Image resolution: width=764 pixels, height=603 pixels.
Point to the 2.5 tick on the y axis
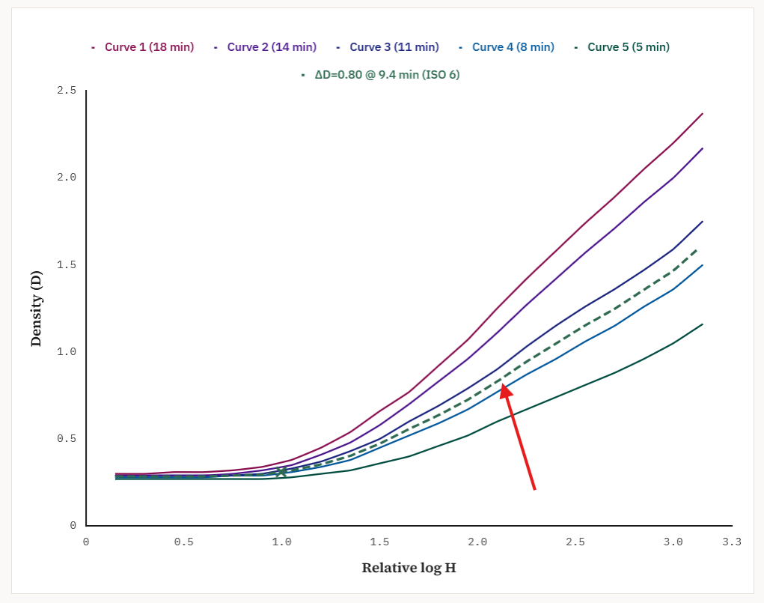[67, 91]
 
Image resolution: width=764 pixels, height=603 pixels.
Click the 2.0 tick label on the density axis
[67, 178]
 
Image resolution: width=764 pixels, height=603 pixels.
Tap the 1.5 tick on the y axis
[67, 264]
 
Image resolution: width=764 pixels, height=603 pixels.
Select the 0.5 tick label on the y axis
[67, 439]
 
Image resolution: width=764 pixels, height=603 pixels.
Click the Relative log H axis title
[409, 568]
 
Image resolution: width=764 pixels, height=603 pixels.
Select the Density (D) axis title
[36, 308]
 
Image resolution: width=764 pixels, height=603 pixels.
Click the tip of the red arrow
[504, 385]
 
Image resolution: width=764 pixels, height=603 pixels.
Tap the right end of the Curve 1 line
[703, 113]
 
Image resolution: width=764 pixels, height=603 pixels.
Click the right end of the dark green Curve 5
[703, 324]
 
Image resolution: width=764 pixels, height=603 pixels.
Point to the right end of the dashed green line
[698, 248]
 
